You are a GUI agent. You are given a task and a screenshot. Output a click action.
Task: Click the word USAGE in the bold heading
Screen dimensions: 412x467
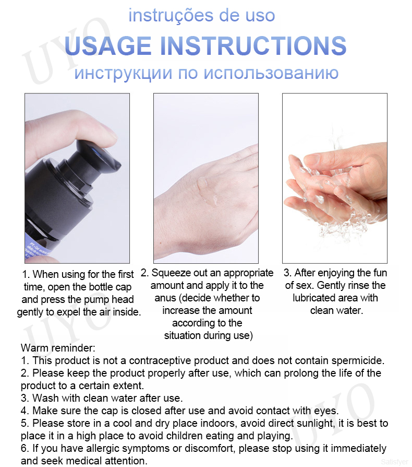point(107,45)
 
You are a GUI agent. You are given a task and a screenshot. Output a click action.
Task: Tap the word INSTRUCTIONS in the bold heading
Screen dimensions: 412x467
point(253,45)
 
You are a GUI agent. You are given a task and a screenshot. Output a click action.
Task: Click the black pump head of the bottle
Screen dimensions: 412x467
point(98,158)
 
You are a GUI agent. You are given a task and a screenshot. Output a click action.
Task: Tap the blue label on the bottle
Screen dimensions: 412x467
point(39,252)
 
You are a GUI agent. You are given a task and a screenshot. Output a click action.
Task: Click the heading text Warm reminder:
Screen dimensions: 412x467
point(58,348)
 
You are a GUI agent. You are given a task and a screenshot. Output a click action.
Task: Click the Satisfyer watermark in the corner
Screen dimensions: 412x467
point(394,462)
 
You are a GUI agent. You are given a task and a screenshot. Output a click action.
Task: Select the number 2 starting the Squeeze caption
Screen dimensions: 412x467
point(145,273)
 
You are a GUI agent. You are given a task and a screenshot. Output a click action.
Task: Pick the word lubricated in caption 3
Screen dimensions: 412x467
point(310,298)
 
